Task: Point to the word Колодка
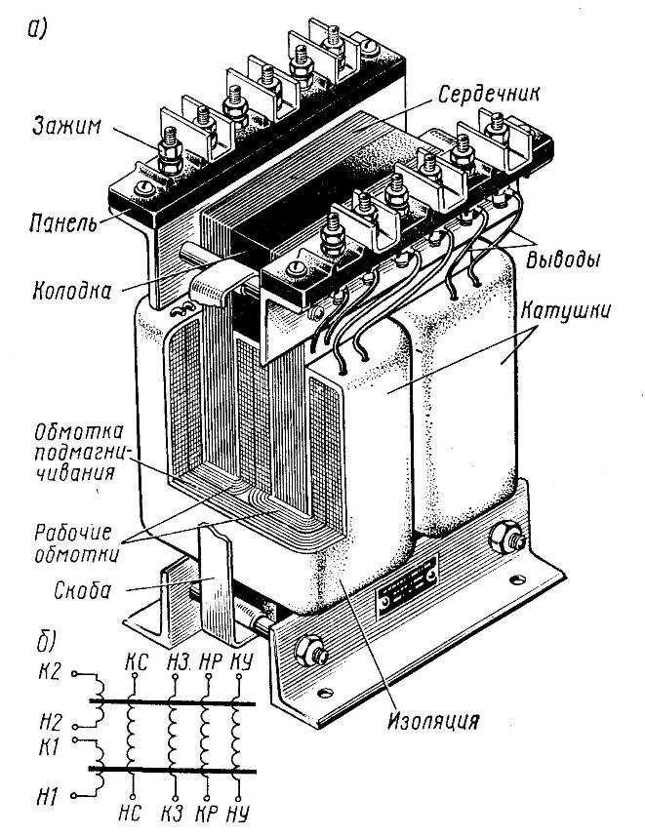coord(74,291)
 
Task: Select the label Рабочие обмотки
coord(78,544)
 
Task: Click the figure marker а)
coord(39,27)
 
